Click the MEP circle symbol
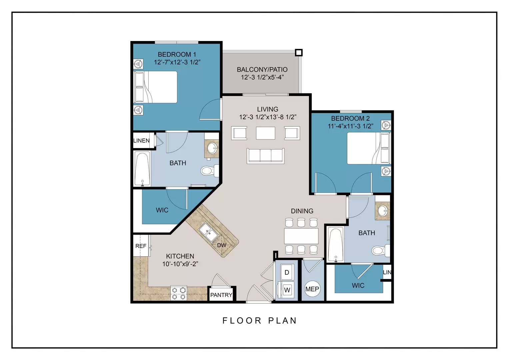pyautogui.click(x=312, y=289)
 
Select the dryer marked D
pyautogui.click(x=287, y=272)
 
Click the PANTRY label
pyautogui.click(x=221, y=295)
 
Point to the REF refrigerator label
pyautogui.click(x=141, y=246)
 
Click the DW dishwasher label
pyautogui.click(x=222, y=245)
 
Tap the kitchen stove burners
pyautogui.click(x=179, y=293)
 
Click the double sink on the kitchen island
pyautogui.click(x=208, y=232)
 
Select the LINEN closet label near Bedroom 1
pyautogui.click(x=141, y=141)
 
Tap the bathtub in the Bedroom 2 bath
pyautogui.click(x=336, y=245)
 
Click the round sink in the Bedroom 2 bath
pyautogui.click(x=383, y=211)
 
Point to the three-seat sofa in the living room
pyautogui.click(x=265, y=156)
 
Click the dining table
pyautogui.click(x=301, y=236)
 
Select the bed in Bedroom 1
pyautogui.click(x=156, y=87)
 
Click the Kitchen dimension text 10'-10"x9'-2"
pyautogui.click(x=180, y=264)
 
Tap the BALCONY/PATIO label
pyautogui.click(x=262, y=70)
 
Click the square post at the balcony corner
pyautogui.click(x=299, y=53)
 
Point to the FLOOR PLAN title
pyautogui.click(x=259, y=321)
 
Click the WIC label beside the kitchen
pyautogui.click(x=162, y=210)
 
